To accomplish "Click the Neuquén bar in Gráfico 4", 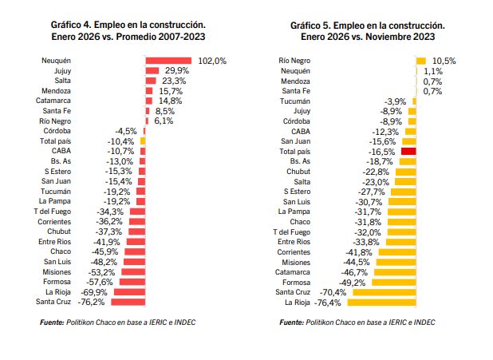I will click(x=168, y=61).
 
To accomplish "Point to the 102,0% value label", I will click(x=213, y=61).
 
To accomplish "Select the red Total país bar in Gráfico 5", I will click(x=409, y=151).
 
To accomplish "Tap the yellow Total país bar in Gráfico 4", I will click(x=143, y=141).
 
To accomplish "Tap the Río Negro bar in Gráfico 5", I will click(x=421, y=61).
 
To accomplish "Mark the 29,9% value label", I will click(x=176, y=71).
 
